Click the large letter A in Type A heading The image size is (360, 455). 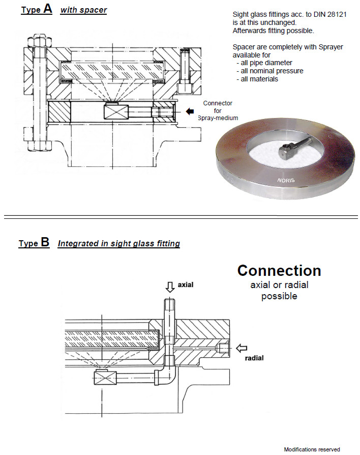(x=47, y=9)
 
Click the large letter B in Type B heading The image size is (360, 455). (x=45, y=242)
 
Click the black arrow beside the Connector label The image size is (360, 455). (x=191, y=111)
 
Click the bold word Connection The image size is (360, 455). (x=279, y=270)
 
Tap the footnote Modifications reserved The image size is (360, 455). (x=312, y=449)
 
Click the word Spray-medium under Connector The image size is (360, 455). (x=218, y=118)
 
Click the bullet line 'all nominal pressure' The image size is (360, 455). (x=270, y=71)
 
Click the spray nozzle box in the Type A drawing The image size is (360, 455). (x=117, y=111)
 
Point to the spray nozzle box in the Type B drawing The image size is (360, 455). (x=105, y=379)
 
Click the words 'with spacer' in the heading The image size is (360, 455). (x=83, y=10)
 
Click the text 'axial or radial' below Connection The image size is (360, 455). (x=279, y=285)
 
